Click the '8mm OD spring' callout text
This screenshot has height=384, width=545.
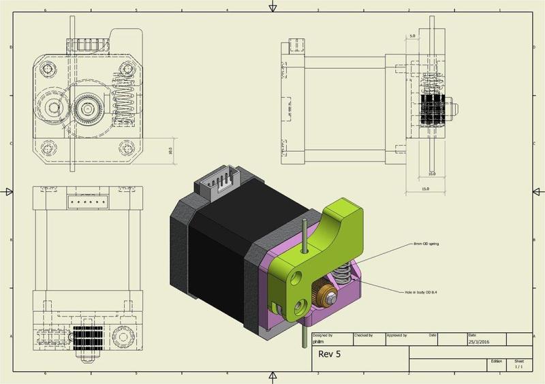point(426,243)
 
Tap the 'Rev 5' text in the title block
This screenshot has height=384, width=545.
point(330,354)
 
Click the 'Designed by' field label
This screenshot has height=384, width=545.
point(323,335)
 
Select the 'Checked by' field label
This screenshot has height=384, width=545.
point(364,335)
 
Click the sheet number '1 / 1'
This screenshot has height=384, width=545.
point(519,367)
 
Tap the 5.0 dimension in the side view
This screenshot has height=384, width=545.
point(412,35)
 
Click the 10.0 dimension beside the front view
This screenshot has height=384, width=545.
point(170,150)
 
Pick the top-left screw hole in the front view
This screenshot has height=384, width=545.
point(48,69)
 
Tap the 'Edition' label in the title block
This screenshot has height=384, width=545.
point(496,362)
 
